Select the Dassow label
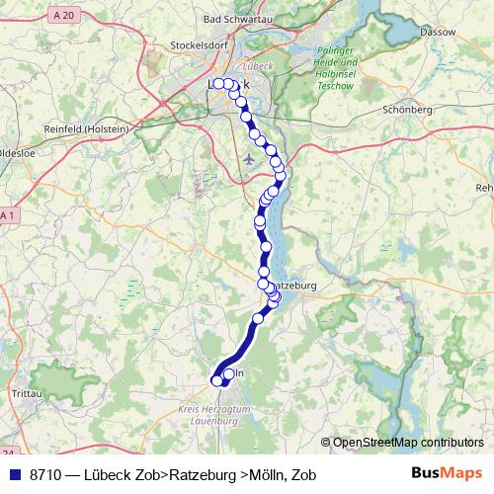pos(438,32)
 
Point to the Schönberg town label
pos(407,110)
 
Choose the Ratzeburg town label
pos(292,285)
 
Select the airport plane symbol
pos(247,155)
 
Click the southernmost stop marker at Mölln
pos(218,380)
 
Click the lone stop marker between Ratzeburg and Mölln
pos(259,317)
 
